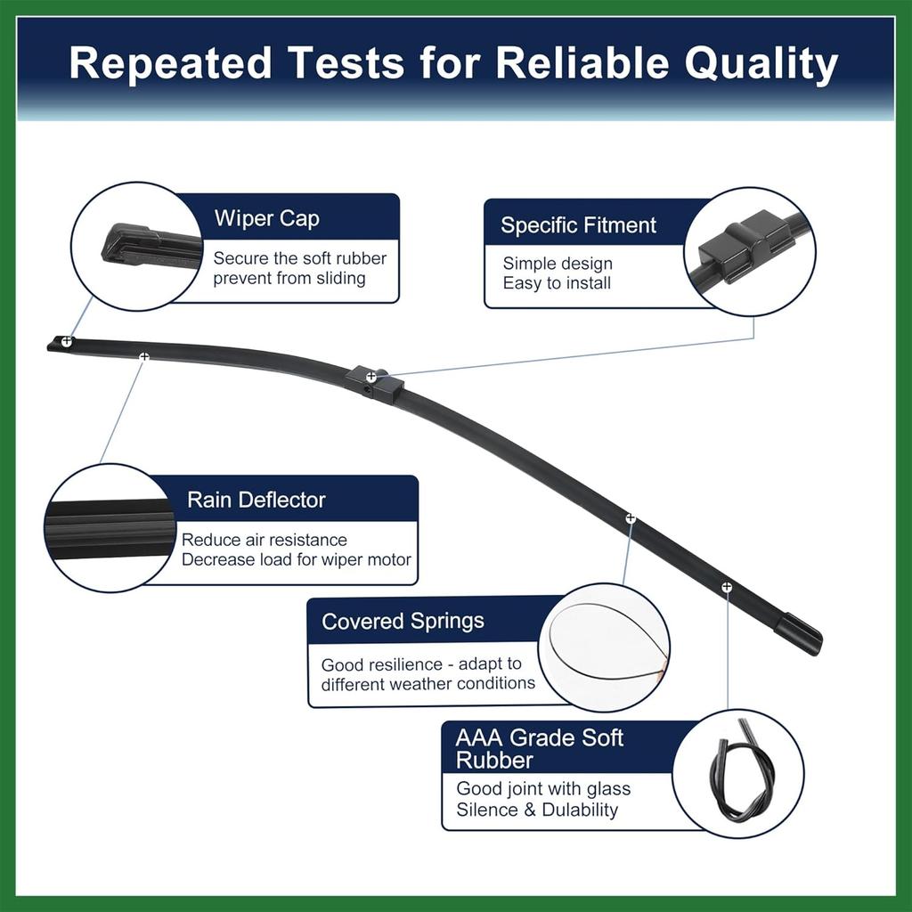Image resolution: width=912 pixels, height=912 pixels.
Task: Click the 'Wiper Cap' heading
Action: [x=267, y=219]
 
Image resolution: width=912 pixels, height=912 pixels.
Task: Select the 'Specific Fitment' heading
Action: [x=578, y=225]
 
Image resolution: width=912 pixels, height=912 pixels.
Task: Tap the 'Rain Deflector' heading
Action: [x=256, y=501]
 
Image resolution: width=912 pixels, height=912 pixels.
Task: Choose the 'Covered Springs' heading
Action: [x=403, y=621]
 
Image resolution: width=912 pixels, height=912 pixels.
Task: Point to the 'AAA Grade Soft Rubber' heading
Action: [x=539, y=748]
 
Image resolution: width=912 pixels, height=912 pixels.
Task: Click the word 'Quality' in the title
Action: [x=761, y=63]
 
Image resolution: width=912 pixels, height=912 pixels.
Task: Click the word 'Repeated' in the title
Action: [x=170, y=63]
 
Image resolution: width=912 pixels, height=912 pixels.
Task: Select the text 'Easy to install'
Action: [x=557, y=283]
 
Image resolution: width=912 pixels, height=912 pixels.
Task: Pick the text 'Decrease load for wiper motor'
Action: [x=296, y=559]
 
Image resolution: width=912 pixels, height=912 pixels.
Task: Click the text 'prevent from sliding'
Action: [x=289, y=278]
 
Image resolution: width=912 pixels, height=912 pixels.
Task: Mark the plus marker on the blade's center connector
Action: [x=371, y=378]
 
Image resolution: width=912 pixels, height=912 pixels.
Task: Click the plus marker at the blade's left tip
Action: [x=67, y=341]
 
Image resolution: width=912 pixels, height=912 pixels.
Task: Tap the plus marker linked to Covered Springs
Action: [x=631, y=517]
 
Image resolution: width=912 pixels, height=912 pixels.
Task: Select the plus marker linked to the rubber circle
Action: [x=727, y=588]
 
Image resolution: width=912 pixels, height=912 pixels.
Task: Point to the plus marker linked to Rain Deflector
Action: [x=143, y=356]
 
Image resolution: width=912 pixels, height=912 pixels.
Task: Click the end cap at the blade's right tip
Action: [x=799, y=634]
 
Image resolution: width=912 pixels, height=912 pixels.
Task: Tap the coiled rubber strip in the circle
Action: [x=740, y=771]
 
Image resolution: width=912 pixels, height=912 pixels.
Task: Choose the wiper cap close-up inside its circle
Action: [x=150, y=248]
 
